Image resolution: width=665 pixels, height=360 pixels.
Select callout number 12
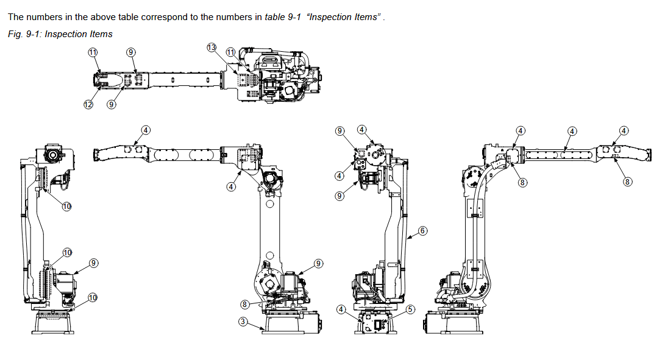88,104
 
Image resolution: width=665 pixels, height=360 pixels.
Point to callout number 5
410,309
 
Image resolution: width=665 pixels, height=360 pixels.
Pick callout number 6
423,231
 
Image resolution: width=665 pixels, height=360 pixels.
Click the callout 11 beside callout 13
230,52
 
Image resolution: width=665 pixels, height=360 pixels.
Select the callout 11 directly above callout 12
93,52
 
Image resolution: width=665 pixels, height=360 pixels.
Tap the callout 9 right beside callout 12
111,104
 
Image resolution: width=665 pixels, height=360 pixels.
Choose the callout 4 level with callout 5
341,309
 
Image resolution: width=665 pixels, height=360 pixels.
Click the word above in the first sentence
105,16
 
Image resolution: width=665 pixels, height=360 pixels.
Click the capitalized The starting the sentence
15,16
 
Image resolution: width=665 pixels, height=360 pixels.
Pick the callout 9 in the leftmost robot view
93,263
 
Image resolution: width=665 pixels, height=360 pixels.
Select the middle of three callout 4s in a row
572,130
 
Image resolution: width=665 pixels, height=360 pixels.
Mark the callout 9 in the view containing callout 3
318,263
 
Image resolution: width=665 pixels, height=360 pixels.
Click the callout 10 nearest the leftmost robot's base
92,297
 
